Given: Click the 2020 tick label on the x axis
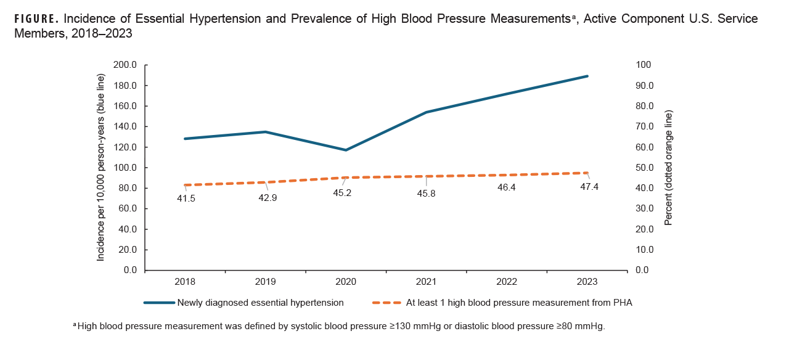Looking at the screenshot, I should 346,281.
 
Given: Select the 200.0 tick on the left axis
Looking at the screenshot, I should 125,65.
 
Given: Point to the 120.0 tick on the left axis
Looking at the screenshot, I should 125,147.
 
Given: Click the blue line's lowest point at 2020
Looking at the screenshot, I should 346,150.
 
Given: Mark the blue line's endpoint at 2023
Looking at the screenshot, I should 587,76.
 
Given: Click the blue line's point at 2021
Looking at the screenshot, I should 427,112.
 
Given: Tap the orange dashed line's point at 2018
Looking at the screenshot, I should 186,185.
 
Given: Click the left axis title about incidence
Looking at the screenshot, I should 101,167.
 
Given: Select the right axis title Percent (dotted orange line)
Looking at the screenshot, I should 668,167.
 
